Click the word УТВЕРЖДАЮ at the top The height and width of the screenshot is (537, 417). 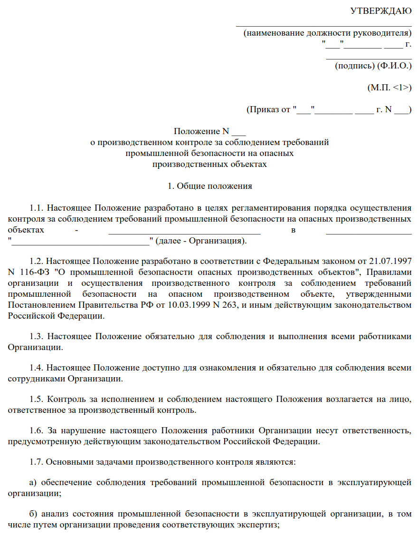(x=381, y=11)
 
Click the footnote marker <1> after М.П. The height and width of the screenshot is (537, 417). (x=401, y=88)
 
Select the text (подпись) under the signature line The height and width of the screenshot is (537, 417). (x=355, y=66)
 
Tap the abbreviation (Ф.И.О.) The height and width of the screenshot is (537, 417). (x=394, y=66)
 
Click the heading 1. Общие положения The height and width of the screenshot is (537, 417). (x=209, y=186)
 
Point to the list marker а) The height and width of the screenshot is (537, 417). (x=33, y=483)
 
